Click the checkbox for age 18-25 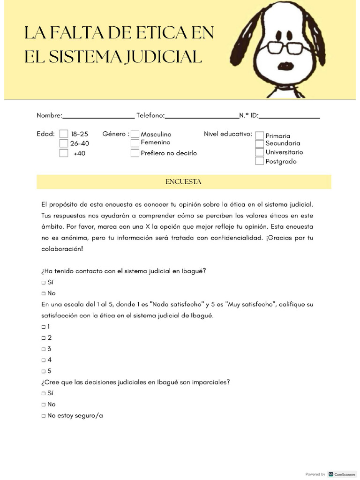click(x=64, y=134)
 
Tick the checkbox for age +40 click(x=64, y=153)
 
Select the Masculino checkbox click(x=135, y=134)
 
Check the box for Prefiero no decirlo click(x=135, y=153)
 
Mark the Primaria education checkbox click(x=259, y=135)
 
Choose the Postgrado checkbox click(x=259, y=161)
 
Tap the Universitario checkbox click(x=259, y=152)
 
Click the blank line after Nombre click(x=98, y=117)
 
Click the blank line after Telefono click(x=202, y=117)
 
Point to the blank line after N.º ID click(x=289, y=117)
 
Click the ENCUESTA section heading click(x=183, y=182)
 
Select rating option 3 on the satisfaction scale click(x=44, y=349)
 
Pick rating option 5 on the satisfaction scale click(x=44, y=371)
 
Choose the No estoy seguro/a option click(x=44, y=415)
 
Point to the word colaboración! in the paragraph click(x=62, y=249)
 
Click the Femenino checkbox click(x=135, y=143)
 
